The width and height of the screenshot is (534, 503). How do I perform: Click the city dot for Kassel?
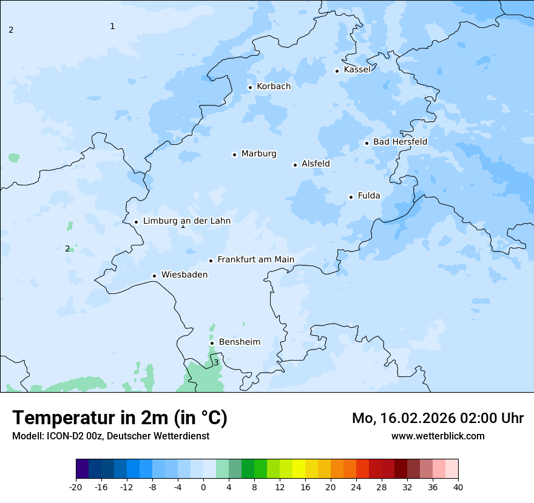pyautogui.click(x=337, y=71)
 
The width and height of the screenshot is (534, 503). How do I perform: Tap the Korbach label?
pyautogui.click(x=274, y=87)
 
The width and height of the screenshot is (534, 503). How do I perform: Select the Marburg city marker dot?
pyautogui.click(x=234, y=155)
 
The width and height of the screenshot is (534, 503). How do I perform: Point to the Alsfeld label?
pyautogui.click(x=316, y=164)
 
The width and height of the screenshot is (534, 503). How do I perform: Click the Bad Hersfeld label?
pyautogui.click(x=400, y=142)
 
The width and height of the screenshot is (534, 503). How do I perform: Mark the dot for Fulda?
pyautogui.click(x=351, y=197)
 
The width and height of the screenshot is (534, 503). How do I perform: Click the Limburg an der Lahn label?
pyautogui.click(x=186, y=221)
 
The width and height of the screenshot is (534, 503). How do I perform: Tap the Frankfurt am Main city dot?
pyautogui.click(x=211, y=261)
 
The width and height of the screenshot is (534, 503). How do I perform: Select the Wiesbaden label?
pyautogui.click(x=184, y=275)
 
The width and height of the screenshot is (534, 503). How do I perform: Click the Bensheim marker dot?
pyautogui.click(x=212, y=343)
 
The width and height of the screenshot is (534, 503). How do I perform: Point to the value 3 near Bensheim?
pyautogui.click(x=216, y=363)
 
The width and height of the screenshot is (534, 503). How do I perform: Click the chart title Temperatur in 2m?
pyautogui.click(x=120, y=418)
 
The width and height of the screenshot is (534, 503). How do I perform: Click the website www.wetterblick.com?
pyautogui.click(x=438, y=436)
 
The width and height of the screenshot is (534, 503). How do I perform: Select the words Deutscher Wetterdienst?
pyautogui.click(x=158, y=436)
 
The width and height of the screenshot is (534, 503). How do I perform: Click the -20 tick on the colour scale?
pyautogui.click(x=76, y=487)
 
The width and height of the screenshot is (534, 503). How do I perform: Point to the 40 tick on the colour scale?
pyautogui.click(x=458, y=487)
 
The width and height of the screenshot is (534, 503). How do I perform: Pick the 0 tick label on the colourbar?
pyautogui.click(x=203, y=487)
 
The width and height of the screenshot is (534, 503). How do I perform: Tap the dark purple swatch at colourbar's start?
pyautogui.click(x=82, y=469)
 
